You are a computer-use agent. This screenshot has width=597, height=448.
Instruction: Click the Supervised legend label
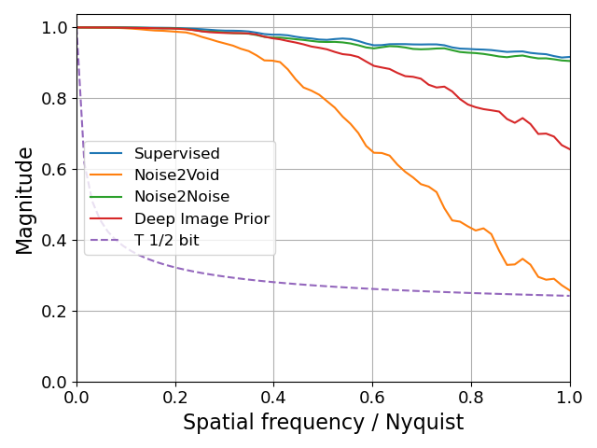tap(176, 154)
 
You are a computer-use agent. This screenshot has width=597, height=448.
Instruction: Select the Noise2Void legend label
tap(180, 175)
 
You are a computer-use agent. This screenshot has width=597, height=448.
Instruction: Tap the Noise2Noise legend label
tap(181, 197)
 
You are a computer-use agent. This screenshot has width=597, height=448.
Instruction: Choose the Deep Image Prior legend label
tap(201, 219)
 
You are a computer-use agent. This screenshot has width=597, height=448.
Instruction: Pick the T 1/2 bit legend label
tap(166, 241)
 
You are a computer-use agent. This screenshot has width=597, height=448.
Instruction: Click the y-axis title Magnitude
tap(25, 200)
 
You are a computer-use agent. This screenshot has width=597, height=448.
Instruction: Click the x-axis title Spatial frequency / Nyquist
tap(323, 422)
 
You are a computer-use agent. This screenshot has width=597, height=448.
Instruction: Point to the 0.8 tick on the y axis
tap(55, 99)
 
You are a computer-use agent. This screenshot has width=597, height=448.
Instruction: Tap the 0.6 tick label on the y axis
tap(55, 170)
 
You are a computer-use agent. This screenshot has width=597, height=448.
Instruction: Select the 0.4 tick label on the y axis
tap(55, 241)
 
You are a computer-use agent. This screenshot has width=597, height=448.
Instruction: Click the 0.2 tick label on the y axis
tap(55, 312)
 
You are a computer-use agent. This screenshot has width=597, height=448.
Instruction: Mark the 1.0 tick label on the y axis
tap(55, 28)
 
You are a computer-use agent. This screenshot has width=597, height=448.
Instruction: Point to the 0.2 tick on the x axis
tap(175, 398)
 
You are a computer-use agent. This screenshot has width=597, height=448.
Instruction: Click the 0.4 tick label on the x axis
tap(274, 398)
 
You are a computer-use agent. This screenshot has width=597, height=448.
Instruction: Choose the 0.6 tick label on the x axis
tap(372, 398)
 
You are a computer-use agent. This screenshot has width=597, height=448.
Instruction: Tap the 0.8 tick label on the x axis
tap(471, 398)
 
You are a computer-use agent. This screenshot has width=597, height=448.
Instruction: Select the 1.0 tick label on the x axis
tap(569, 398)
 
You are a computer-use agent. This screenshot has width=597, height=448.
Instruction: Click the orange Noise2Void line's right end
tap(570, 290)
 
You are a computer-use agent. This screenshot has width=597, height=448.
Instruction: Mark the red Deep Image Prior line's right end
tap(570, 149)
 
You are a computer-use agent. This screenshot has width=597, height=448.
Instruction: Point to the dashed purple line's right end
tap(570, 296)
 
